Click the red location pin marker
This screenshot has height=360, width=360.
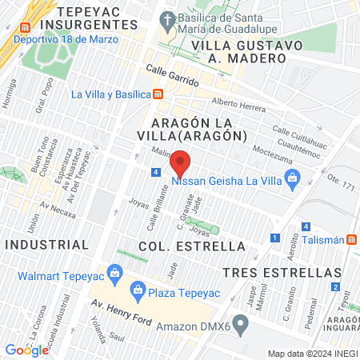[x=181, y=162]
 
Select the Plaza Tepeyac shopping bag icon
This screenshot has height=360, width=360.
[x=138, y=289]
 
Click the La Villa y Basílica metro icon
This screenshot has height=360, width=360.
[x=159, y=94]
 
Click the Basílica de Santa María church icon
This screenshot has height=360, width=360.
[x=167, y=18]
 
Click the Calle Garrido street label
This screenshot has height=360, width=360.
[x=171, y=72]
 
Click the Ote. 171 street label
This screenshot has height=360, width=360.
[x=340, y=186]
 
